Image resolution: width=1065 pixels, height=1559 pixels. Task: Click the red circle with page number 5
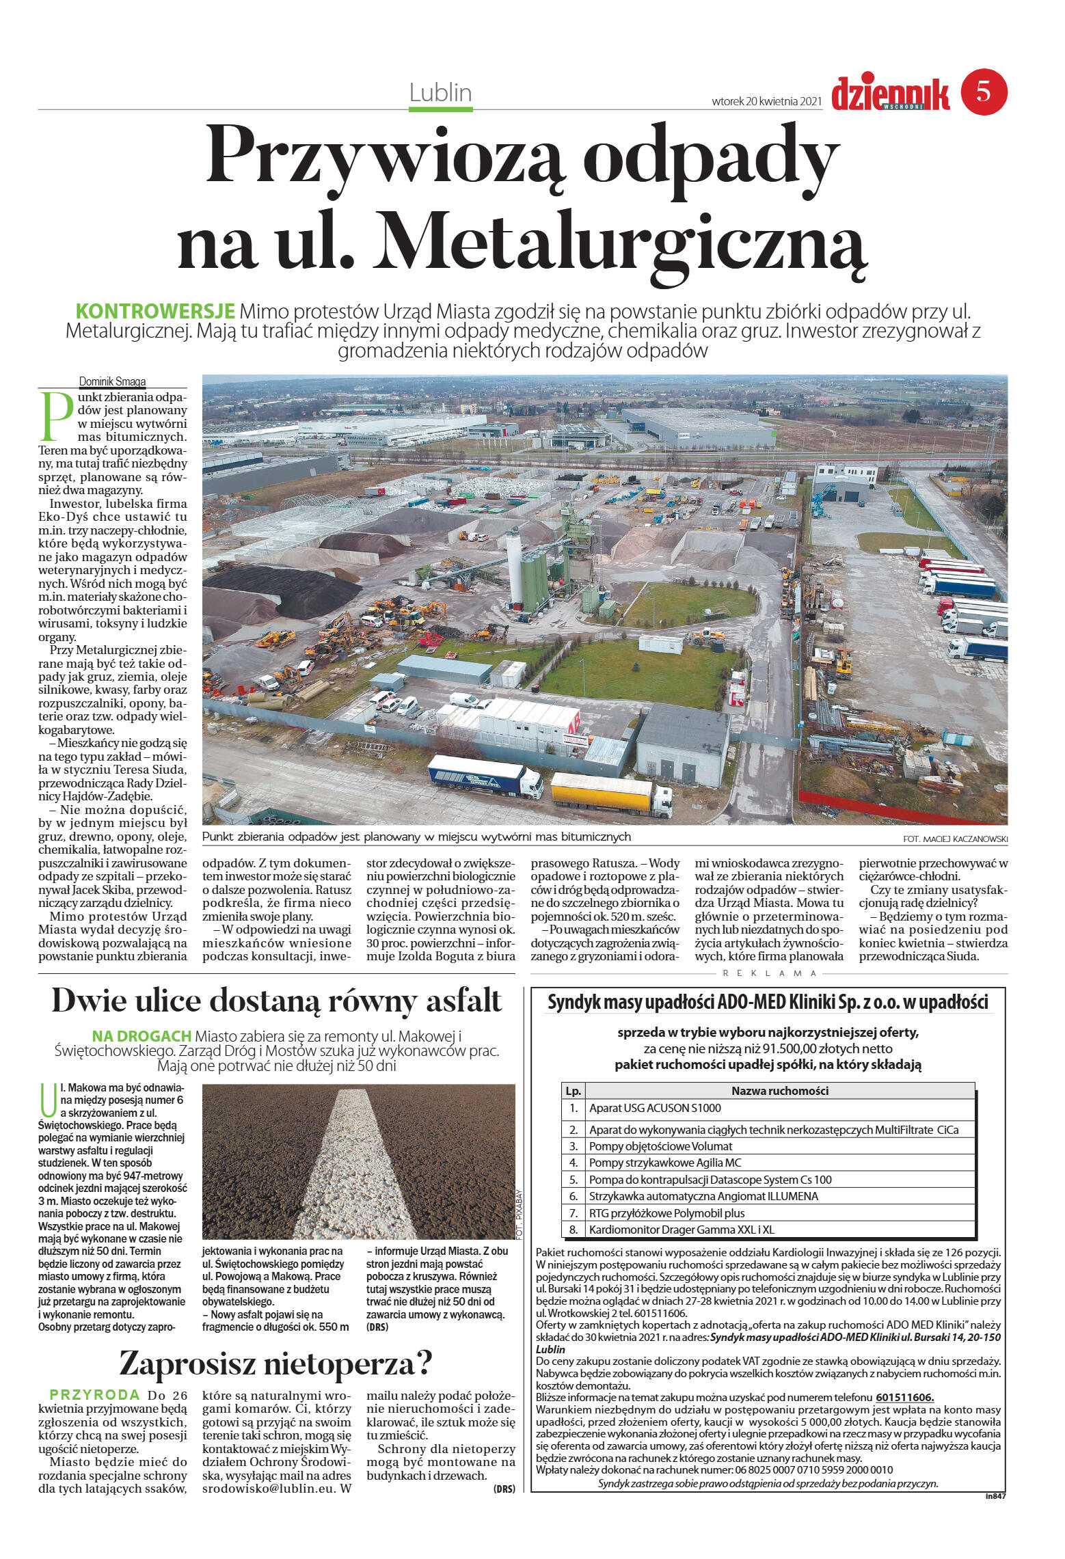pyautogui.click(x=984, y=92)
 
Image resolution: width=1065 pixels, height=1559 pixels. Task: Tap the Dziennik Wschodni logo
pyautogui.click(x=890, y=94)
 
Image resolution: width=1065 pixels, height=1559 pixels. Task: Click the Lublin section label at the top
pyautogui.click(x=440, y=93)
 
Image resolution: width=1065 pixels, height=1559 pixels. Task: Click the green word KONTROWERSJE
pyautogui.click(x=155, y=312)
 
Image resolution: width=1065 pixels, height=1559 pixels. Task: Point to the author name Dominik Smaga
pyautogui.click(x=112, y=382)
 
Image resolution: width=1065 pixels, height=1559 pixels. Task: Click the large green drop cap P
pyautogui.click(x=56, y=416)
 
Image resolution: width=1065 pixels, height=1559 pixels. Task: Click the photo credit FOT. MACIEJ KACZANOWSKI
pyautogui.click(x=950, y=839)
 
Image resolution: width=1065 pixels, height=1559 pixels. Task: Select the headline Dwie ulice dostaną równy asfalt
pyautogui.click(x=276, y=1001)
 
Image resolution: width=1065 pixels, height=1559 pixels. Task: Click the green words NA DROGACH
pyautogui.click(x=141, y=1036)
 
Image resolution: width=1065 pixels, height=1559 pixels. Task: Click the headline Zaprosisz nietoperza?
pyautogui.click(x=276, y=1364)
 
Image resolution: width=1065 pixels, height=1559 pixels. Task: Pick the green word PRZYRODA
pyautogui.click(x=94, y=1395)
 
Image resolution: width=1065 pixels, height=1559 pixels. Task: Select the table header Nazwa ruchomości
pyautogui.click(x=779, y=1091)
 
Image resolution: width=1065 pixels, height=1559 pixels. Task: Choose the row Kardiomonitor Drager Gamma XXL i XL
pyautogui.click(x=682, y=1230)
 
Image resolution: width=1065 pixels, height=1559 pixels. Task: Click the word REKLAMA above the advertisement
pyautogui.click(x=770, y=973)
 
